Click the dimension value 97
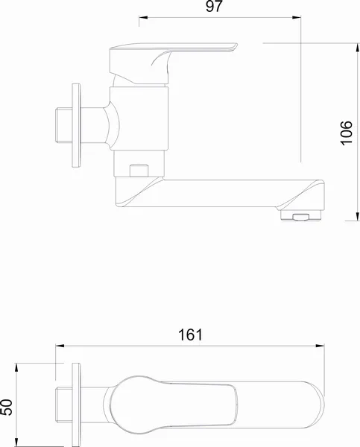pyautogui.click(x=214, y=6)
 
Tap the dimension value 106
pyautogui.click(x=347, y=133)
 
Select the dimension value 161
pyautogui.click(x=190, y=335)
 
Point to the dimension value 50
pyautogui.click(x=7, y=407)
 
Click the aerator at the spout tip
pyautogui.click(x=300, y=215)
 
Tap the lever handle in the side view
pyautogui.click(x=173, y=63)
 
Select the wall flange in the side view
pyautogui.click(x=76, y=125)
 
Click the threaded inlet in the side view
pyautogui.click(x=63, y=125)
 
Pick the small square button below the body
pyautogui.click(x=139, y=171)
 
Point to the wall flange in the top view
pyautogui.click(x=76, y=405)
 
